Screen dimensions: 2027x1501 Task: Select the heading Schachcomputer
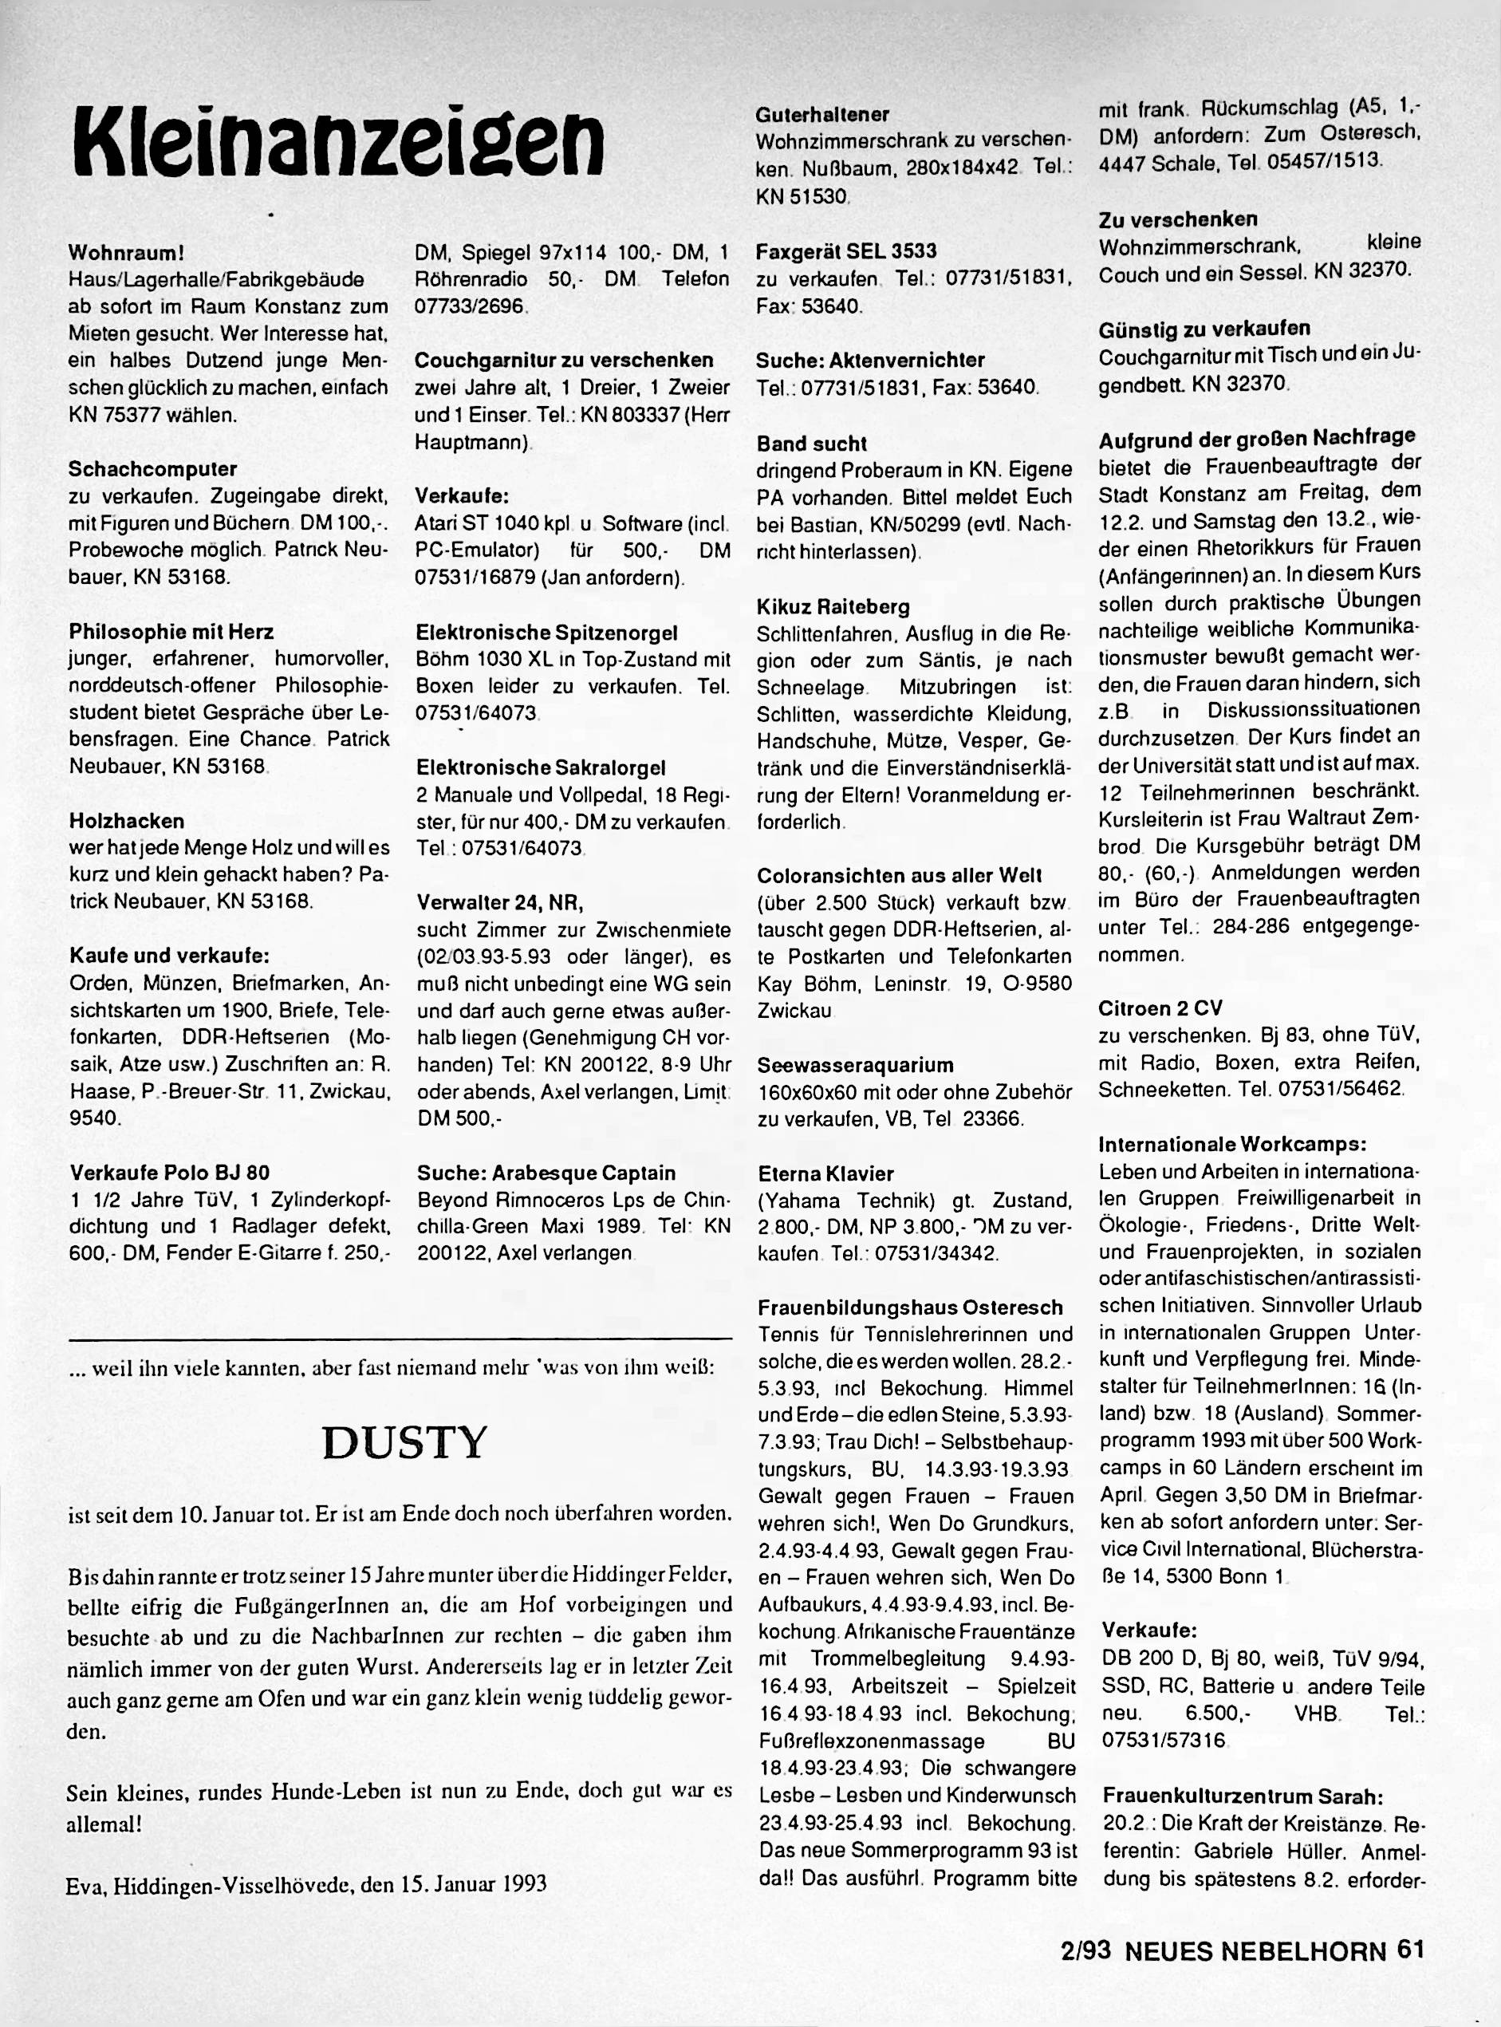click(152, 469)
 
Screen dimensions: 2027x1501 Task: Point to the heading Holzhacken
click(126, 820)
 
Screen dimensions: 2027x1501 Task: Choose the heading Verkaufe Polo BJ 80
click(169, 1172)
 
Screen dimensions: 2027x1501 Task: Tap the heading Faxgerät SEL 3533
click(846, 250)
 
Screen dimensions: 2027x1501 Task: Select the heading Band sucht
click(811, 444)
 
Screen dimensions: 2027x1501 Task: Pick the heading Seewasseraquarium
click(855, 1065)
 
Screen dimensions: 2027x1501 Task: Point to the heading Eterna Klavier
click(825, 1173)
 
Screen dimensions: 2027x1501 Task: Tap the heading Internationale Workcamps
click(1233, 1143)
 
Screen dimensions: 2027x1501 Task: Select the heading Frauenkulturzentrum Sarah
click(1242, 1796)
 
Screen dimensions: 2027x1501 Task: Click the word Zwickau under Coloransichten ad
click(794, 1011)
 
